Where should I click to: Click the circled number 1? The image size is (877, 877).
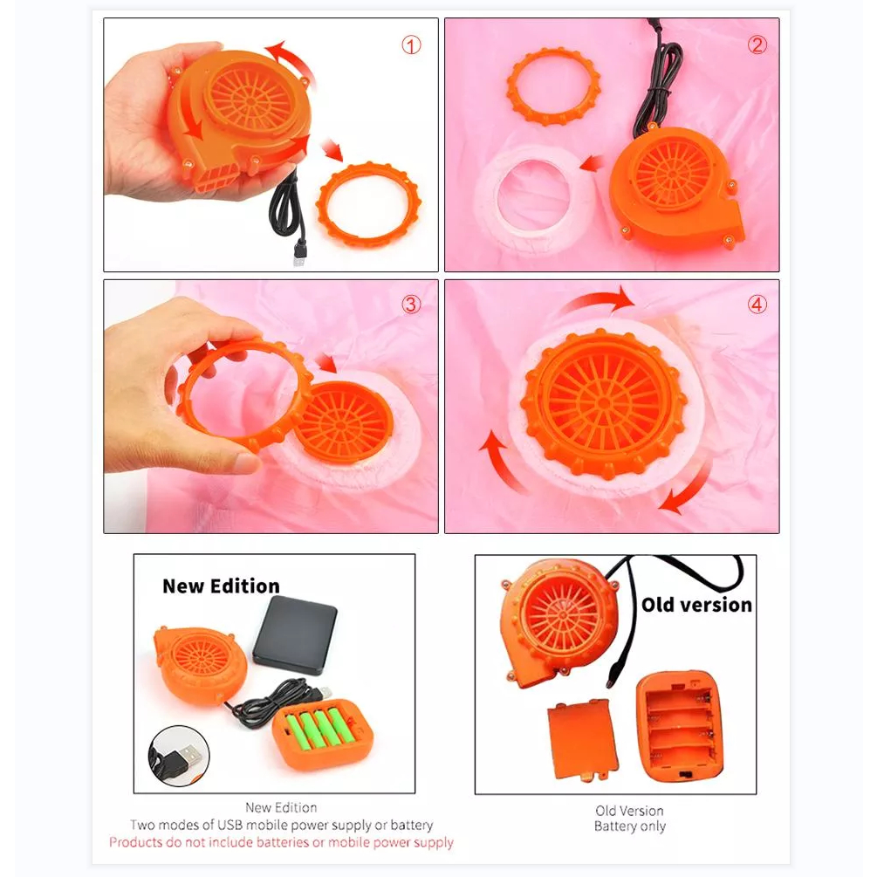(x=411, y=45)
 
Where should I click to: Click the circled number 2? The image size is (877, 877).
(x=757, y=45)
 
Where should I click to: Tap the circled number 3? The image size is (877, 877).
(x=411, y=305)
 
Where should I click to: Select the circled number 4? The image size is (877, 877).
(x=757, y=305)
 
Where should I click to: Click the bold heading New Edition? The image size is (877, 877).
(x=221, y=586)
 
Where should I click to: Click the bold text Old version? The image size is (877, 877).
(x=696, y=604)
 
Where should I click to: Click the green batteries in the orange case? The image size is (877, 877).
(x=321, y=728)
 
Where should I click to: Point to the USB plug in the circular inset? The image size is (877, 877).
(x=186, y=757)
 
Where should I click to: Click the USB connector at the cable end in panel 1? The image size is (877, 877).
(x=300, y=254)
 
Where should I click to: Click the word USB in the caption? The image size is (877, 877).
(x=230, y=825)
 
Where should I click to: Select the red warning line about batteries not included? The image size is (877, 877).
(x=281, y=842)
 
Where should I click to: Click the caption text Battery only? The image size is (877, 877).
(x=630, y=826)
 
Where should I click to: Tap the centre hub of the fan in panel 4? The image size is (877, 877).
(x=604, y=402)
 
